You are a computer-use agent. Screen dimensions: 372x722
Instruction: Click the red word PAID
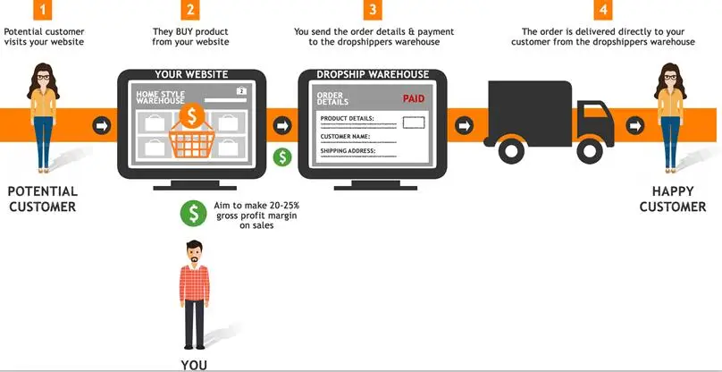pos(414,100)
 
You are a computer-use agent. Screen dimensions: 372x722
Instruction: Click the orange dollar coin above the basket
pos(190,115)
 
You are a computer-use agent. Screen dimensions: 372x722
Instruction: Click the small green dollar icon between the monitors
pos(282,156)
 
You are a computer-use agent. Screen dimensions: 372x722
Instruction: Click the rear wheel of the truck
pos(510,150)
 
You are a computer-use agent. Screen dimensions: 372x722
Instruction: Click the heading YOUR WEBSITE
pos(191,74)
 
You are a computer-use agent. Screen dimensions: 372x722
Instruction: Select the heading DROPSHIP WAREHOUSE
pos(373,74)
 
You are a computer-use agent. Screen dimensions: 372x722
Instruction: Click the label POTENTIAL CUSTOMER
pos(42,199)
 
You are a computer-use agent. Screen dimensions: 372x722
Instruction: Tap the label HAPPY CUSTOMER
pos(678,199)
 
